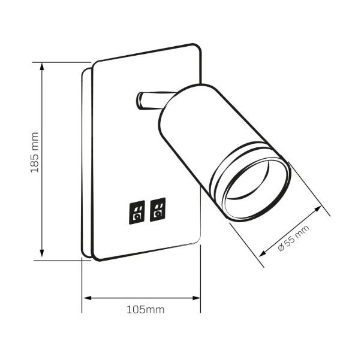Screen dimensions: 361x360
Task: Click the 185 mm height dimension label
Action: (x=35, y=152)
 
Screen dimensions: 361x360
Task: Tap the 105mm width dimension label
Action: (x=146, y=310)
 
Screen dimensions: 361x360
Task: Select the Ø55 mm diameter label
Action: (x=294, y=238)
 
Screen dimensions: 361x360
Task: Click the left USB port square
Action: (x=137, y=212)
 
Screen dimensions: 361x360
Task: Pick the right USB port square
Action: (x=158, y=209)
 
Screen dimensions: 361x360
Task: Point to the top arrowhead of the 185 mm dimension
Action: (x=41, y=66)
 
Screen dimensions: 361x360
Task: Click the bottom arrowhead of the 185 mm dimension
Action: (x=41, y=253)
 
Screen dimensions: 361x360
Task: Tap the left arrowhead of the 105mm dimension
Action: (x=88, y=298)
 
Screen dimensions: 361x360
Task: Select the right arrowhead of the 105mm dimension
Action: (x=196, y=298)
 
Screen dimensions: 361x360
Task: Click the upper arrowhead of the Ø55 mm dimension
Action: (x=318, y=209)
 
